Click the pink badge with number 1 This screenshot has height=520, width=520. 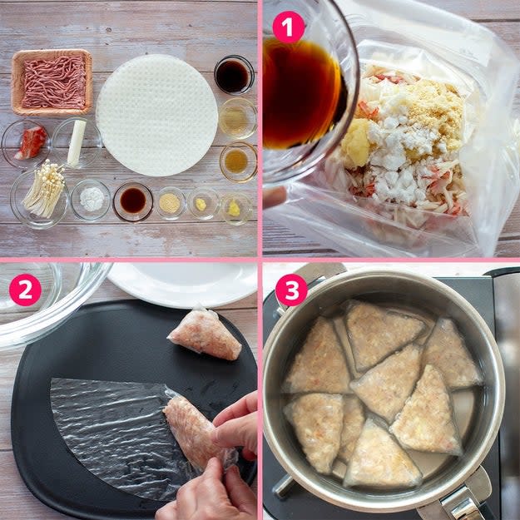pyautogui.click(x=288, y=27)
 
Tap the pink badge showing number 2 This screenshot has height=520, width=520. pyautogui.click(x=25, y=290)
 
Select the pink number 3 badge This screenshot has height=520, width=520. pyautogui.click(x=291, y=290)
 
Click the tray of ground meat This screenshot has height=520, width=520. pyautogui.click(x=52, y=82)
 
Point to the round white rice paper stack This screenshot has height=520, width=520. pyautogui.click(x=157, y=115)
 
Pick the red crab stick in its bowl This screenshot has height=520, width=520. pyautogui.click(x=31, y=143)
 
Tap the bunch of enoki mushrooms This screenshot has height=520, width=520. pyautogui.click(x=44, y=190)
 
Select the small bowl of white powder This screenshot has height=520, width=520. pyautogui.click(x=91, y=199)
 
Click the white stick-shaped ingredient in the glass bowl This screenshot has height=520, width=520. pyautogui.click(x=77, y=142)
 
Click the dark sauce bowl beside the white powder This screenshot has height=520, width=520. pyautogui.click(x=132, y=201)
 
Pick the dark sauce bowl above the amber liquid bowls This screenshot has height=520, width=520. pyautogui.click(x=234, y=75)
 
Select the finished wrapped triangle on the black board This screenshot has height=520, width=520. pyautogui.click(x=205, y=334)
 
